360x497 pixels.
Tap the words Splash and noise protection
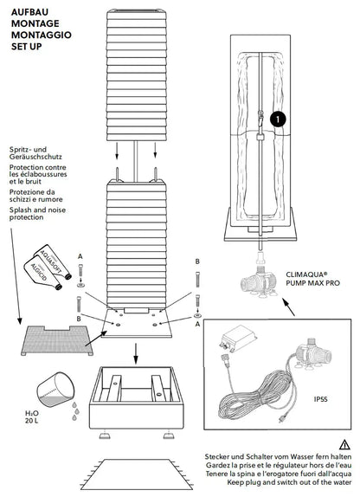(x=37, y=214)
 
